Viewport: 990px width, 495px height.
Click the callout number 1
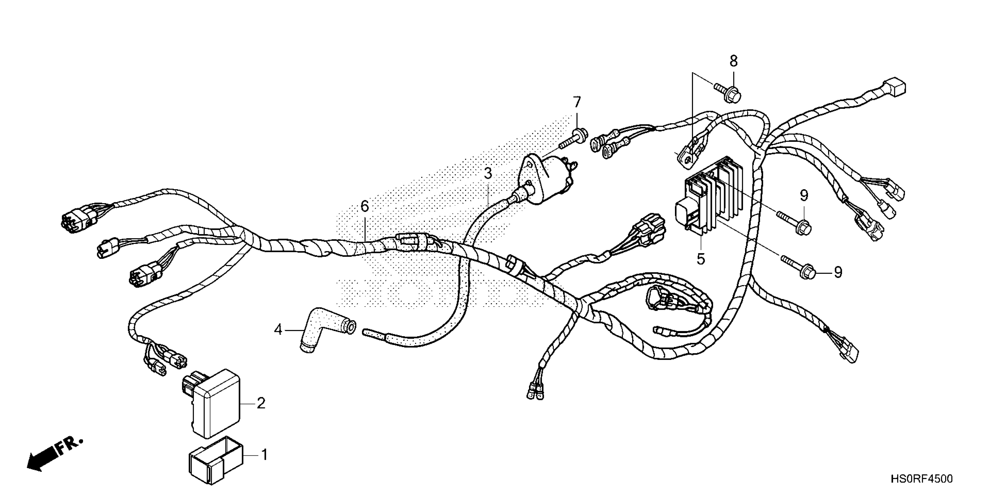coord(264,455)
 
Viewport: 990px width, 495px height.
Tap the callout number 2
coord(261,403)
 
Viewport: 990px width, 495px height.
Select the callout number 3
coord(488,174)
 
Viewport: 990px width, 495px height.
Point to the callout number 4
coord(278,329)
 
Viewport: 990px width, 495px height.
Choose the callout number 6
coord(364,206)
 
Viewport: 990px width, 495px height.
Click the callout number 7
coord(577,102)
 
